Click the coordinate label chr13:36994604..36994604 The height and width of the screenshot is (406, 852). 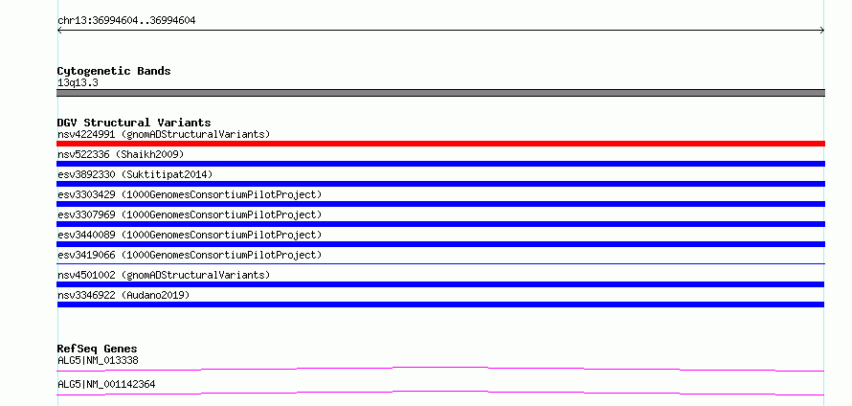tap(126, 21)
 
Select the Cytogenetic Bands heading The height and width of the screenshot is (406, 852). tap(114, 71)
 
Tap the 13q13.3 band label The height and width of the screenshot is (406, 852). tap(78, 83)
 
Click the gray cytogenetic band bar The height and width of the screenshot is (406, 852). tap(440, 93)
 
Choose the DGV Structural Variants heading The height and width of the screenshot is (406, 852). tap(134, 123)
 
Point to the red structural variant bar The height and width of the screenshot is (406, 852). tap(440, 144)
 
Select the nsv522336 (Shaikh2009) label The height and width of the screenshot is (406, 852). tap(121, 155)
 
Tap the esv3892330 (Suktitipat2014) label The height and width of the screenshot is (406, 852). tap(135, 174)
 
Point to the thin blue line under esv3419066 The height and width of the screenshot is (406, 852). tap(440, 263)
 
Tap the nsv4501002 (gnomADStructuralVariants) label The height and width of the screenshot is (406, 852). tap(164, 275)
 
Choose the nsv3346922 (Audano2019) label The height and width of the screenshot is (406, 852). tap(123, 295)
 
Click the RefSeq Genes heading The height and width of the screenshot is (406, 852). tap(98, 349)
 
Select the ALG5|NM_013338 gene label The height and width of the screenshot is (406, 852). tap(98, 360)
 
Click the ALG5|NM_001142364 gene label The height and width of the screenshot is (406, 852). tap(106, 384)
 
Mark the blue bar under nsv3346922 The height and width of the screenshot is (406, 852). tap(440, 304)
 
